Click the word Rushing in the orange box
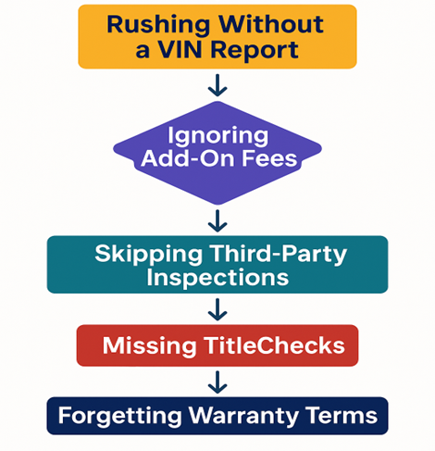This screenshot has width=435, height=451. point(158,26)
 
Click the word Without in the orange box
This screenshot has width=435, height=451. point(271,24)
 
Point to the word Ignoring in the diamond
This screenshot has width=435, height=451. point(217,137)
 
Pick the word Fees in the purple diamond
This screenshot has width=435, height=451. point(269,158)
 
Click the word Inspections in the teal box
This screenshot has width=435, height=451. point(217,279)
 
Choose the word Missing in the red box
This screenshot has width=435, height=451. point(149,346)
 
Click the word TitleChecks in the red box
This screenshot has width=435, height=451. point(274,345)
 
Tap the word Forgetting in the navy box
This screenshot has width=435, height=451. point(120,417)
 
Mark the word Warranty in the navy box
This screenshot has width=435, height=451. point(243,417)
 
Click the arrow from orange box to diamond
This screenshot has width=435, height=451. point(217,85)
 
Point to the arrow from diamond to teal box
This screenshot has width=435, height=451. point(217,221)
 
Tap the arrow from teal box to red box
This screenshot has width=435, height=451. point(217,309)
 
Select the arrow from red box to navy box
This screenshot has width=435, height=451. point(217,382)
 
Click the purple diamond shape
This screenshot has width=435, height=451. point(217,185)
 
